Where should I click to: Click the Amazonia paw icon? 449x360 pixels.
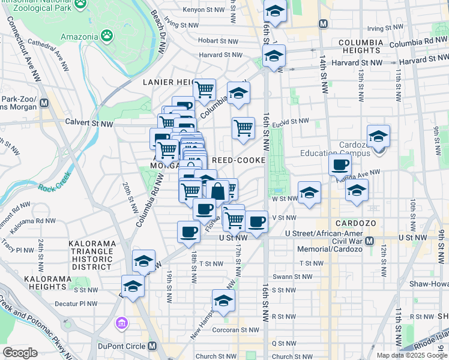click(107, 36)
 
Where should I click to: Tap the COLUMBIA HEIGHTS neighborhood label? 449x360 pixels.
click(360, 47)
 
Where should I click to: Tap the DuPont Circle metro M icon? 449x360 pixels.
click(152, 346)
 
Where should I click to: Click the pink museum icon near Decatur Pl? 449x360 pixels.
click(122, 324)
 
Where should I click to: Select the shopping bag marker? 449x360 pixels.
click(218, 191)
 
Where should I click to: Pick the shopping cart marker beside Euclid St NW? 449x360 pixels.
click(243, 127)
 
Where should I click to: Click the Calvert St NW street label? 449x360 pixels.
click(89, 124)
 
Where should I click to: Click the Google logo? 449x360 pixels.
click(20, 353)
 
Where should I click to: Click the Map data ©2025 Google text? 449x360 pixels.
click(411, 355)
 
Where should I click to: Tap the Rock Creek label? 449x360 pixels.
click(54, 187)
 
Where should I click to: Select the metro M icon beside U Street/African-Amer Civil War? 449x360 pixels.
click(369, 241)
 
